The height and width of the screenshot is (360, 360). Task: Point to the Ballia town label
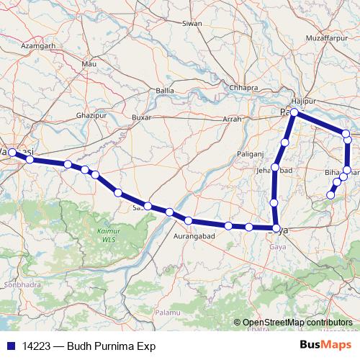(165, 91)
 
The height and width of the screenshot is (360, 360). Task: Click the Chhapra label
(243, 88)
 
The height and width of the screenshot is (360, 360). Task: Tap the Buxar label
(143, 117)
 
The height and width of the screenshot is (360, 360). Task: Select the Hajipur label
(304, 102)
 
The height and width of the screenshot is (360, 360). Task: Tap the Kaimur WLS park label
(107, 235)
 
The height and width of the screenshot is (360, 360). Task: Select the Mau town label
(89, 65)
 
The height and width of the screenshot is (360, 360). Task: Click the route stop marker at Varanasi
(12, 153)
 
